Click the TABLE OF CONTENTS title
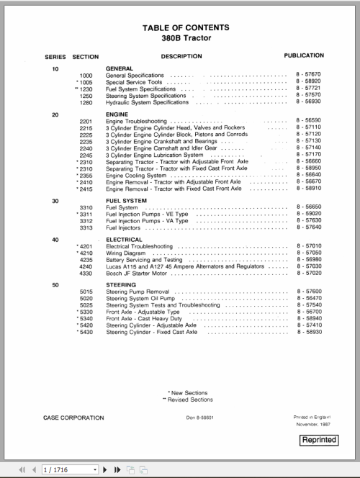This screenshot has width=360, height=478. coord(186,27)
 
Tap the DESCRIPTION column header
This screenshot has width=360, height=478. coord(181,55)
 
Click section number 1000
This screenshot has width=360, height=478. coord(86,75)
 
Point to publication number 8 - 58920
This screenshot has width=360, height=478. coord(308,81)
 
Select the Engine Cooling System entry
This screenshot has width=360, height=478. coord(136,175)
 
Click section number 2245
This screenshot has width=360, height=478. coord(86,155)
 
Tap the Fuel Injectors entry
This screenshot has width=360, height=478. coord(124,227)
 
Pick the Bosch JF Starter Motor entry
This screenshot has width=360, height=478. coord(136,274)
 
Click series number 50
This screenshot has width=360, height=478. coord(55,285)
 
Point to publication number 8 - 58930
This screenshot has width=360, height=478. coord(308,332)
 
